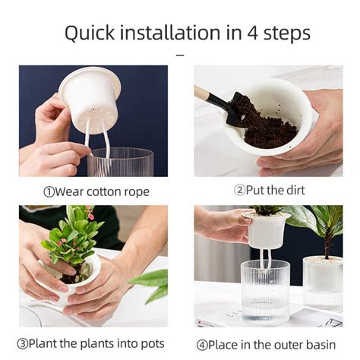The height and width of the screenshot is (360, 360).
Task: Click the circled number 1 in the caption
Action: (x=49, y=191)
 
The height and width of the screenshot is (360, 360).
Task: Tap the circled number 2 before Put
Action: (x=239, y=191)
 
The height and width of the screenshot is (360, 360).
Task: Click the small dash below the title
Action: (x=180, y=55)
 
